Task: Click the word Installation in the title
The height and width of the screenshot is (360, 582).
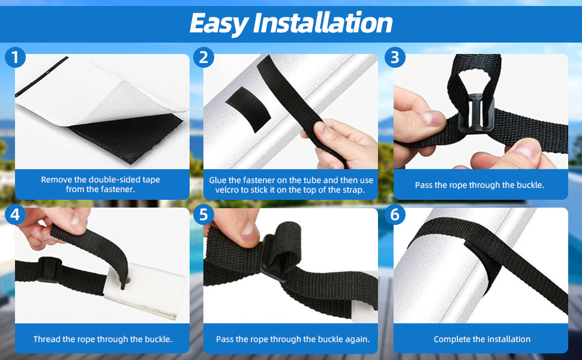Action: pyautogui.click(x=323, y=23)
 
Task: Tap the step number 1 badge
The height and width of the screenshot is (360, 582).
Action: pyautogui.click(x=15, y=58)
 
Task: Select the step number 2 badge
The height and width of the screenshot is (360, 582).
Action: pyautogui.click(x=203, y=58)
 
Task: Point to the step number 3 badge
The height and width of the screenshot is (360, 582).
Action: pyautogui.click(x=395, y=58)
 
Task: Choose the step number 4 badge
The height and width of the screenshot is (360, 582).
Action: pyautogui.click(x=15, y=215)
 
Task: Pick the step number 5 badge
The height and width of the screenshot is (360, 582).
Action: pyautogui.click(x=203, y=215)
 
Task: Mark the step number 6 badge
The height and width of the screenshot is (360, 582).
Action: pyautogui.click(x=395, y=215)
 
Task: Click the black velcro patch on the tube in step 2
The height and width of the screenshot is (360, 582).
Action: pyautogui.click(x=248, y=109)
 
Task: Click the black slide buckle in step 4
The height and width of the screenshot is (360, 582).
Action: pyautogui.click(x=50, y=270)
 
